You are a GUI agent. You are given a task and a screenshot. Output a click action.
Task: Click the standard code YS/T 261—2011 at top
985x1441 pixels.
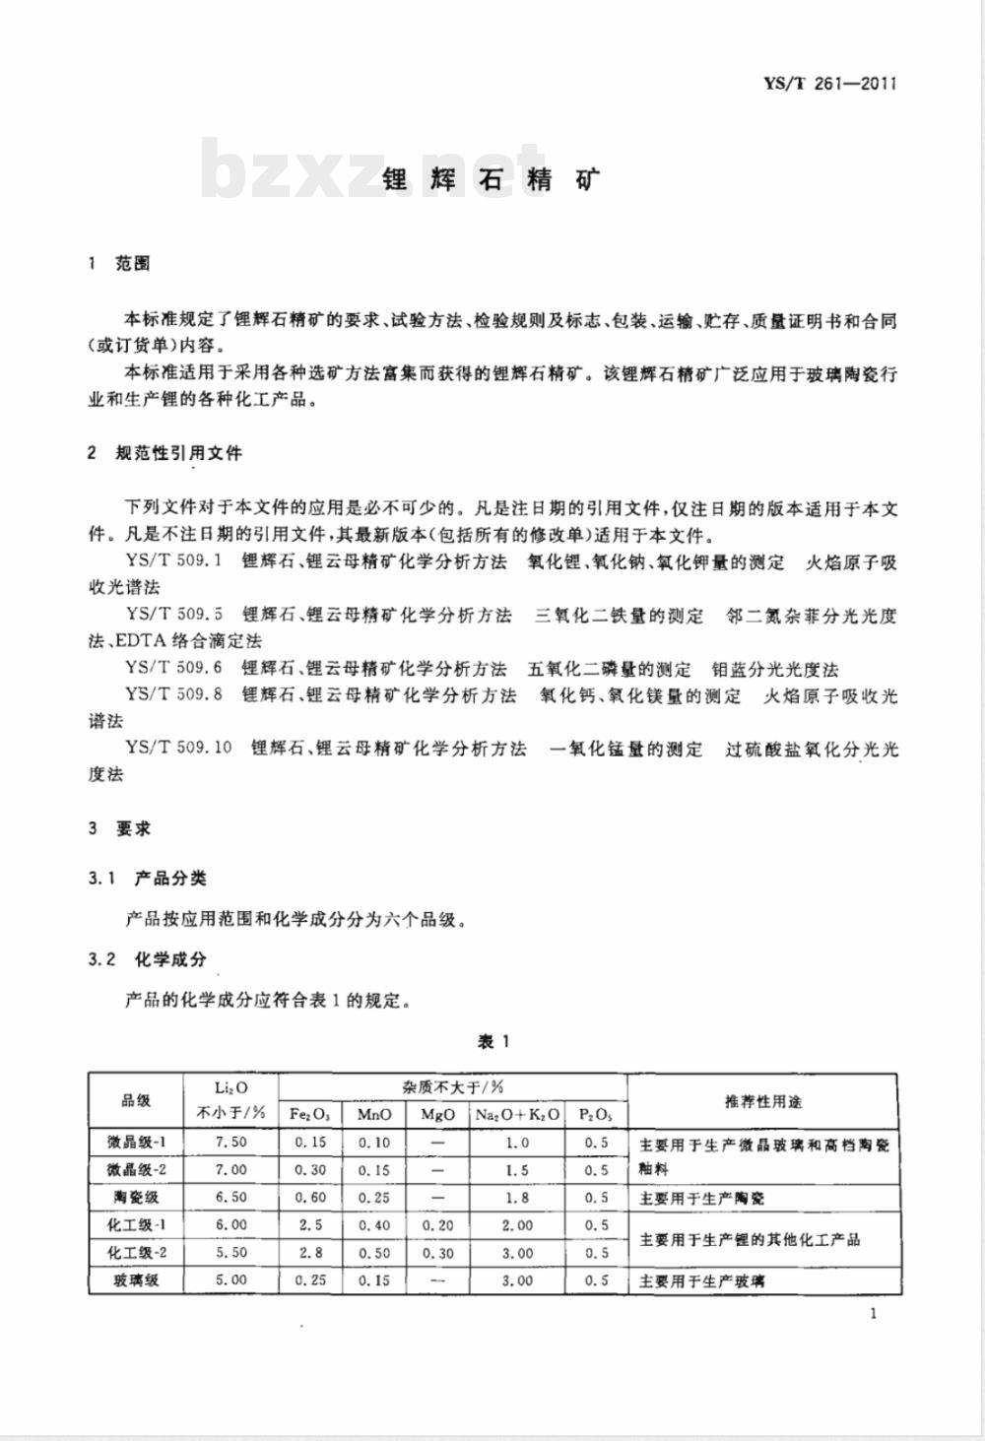[829, 84]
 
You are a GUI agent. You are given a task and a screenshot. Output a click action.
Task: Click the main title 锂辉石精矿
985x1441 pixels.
[491, 179]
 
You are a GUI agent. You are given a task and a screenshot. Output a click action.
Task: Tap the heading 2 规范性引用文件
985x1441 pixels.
[164, 453]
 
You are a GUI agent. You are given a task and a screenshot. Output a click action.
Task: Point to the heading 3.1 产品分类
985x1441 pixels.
[148, 879]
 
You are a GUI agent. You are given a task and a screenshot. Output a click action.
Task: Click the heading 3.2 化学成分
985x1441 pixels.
[148, 959]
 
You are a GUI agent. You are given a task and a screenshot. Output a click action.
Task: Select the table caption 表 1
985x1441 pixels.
[492, 1042]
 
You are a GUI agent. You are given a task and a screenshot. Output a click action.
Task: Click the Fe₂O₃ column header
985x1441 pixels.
[310, 1115]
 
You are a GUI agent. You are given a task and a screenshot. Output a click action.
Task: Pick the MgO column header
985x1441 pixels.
[437, 1115]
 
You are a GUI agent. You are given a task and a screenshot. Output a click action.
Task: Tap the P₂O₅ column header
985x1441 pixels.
[595, 1115]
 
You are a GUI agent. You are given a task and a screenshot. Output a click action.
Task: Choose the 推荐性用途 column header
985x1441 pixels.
[762, 1101]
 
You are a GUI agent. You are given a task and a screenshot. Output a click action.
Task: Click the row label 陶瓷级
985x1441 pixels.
[136, 1198]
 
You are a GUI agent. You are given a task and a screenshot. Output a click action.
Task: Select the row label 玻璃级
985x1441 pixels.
[136, 1280]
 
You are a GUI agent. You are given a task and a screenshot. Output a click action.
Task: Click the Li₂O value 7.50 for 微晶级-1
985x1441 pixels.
[231, 1143]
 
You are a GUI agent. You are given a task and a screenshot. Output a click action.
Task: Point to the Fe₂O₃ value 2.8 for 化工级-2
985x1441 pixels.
[310, 1253]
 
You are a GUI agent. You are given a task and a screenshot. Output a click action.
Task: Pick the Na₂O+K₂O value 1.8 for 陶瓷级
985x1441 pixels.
[517, 1198]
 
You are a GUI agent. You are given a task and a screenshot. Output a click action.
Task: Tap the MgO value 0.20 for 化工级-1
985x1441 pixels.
[437, 1225]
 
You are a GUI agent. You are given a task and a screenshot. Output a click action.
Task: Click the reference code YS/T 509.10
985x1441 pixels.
[178, 749]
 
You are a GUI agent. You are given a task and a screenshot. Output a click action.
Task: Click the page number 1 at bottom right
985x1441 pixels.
[873, 1312]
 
